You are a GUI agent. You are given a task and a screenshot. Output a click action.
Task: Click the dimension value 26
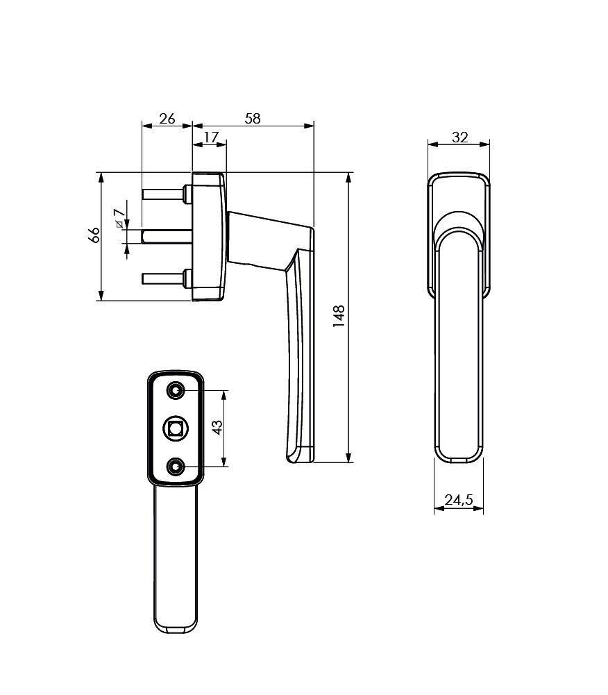[x=167, y=118]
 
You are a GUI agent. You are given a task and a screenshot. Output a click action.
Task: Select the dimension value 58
[x=253, y=118]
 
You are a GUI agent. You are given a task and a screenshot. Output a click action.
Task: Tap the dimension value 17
[x=210, y=137]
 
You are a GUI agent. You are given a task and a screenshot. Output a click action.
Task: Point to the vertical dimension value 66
[x=94, y=235]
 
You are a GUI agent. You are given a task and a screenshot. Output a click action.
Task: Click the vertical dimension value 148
[x=339, y=317]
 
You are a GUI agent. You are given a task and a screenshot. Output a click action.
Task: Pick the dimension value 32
[x=459, y=137]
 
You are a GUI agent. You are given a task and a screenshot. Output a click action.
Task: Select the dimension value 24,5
[x=459, y=499]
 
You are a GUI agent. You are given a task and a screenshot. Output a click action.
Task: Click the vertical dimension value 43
[x=217, y=427]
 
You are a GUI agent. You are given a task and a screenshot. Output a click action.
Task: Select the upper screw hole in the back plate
[x=176, y=392]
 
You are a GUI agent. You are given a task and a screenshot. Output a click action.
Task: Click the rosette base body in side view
[x=208, y=236]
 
